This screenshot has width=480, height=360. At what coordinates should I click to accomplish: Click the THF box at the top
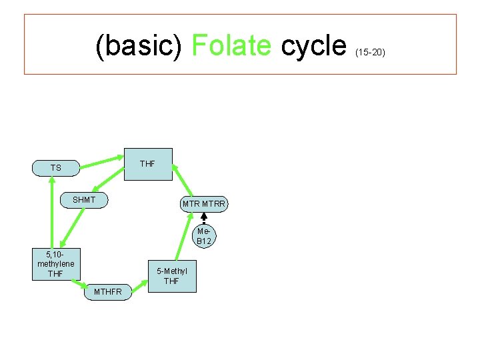[148, 164]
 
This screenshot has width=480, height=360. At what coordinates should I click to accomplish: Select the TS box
[56, 168]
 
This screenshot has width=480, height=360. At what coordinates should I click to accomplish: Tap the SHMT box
[85, 200]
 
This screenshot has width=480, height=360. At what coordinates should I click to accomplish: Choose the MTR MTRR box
[204, 203]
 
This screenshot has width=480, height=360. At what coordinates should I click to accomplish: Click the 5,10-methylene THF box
[56, 264]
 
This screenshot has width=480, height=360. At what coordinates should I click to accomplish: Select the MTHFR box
[107, 292]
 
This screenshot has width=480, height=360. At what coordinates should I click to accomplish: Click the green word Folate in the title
[231, 45]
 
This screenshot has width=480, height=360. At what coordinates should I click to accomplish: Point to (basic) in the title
[139, 45]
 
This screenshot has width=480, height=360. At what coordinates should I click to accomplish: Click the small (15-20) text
[371, 51]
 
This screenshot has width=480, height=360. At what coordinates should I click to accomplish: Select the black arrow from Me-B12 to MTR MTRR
[204, 219]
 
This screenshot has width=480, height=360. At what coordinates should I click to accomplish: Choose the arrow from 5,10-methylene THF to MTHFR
[75, 284]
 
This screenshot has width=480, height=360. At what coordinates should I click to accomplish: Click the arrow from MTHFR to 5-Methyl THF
[139, 287]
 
